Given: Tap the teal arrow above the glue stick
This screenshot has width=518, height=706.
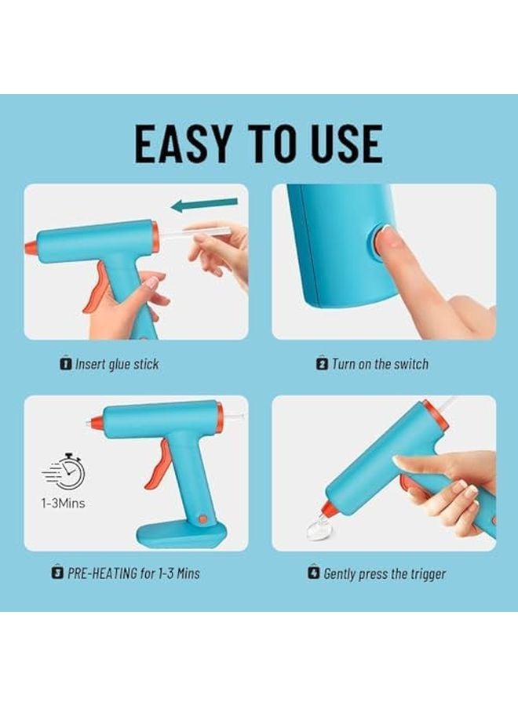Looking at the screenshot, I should pyautogui.click(x=204, y=206).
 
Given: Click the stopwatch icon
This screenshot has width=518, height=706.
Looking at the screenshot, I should pyautogui.click(x=64, y=471).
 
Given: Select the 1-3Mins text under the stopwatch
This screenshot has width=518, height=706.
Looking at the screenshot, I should pyautogui.click(x=63, y=503).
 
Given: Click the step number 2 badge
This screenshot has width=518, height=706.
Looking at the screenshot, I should pyautogui.click(x=322, y=364).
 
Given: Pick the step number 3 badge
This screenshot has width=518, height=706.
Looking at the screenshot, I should pyautogui.click(x=57, y=573).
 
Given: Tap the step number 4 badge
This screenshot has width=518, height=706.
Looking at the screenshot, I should pyautogui.click(x=314, y=573).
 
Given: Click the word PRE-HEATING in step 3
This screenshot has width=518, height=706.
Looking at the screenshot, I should pyautogui.click(x=102, y=573).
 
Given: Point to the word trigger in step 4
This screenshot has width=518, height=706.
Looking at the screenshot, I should pyautogui.click(x=424, y=573).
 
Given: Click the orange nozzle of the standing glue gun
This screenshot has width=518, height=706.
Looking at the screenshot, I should pyautogui.click(x=96, y=424).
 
